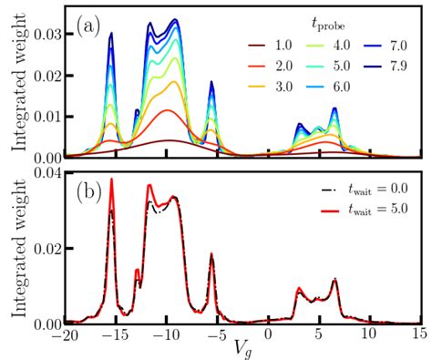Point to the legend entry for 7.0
[x=387, y=43]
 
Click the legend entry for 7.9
[x=387, y=66]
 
